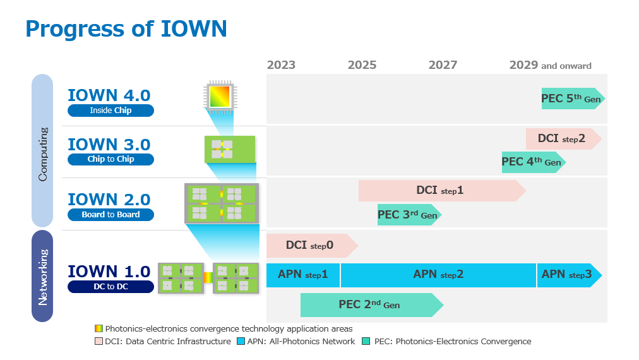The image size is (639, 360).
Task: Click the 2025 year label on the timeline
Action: tap(362, 65)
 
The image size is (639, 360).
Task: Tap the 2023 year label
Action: tap(281, 65)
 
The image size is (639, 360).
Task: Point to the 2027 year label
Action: tap(443, 65)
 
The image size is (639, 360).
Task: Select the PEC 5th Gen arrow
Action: tap(573, 99)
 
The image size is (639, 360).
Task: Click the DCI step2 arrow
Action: tap(564, 138)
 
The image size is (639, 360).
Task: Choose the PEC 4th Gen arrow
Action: tap(534, 162)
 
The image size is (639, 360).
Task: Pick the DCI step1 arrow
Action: tap(442, 190)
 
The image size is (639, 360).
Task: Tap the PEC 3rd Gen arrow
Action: tap(409, 215)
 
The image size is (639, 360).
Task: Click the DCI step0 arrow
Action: tap(312, 246)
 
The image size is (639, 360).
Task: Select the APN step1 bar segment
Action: tap(303, 275)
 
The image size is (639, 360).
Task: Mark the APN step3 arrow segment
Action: tap(570, 275)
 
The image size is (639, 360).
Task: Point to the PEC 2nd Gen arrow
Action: tap(372, 304)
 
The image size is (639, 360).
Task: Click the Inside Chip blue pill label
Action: tap(111, 111)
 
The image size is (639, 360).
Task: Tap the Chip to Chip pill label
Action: tap(111, 159)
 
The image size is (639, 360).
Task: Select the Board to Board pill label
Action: tap(111, 215)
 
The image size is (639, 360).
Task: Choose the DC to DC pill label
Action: tap(111, 287)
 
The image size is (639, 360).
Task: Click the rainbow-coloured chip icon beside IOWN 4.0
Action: tap(220, 96)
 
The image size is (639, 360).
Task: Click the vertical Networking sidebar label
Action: tap(42, 277)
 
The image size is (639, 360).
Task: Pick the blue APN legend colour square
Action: tap(241, 341)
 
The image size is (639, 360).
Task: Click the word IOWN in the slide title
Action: tap(194, 29)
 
